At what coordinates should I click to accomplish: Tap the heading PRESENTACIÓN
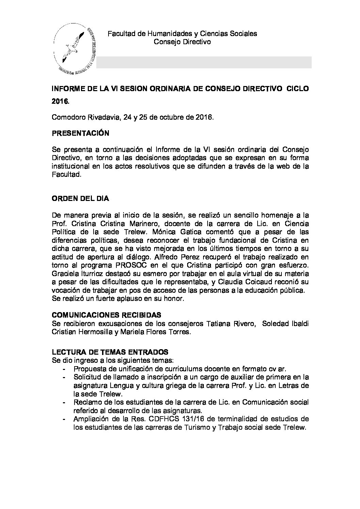(x=80, y=133)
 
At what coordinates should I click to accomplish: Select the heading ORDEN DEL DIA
(x=80, y=199)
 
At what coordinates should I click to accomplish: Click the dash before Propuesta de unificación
(x=65, y=369)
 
